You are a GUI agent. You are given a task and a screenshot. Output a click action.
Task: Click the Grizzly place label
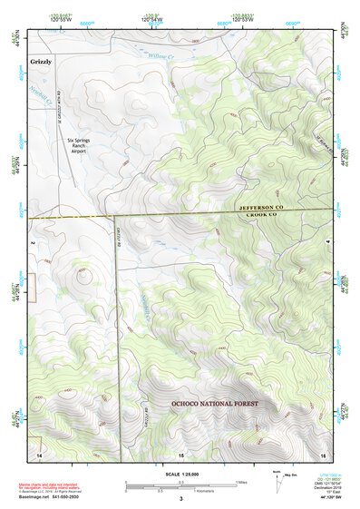pyautogui.click(x=41, y=61)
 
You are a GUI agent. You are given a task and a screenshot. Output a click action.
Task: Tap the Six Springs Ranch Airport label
pyautogui.click(x=84, y=145)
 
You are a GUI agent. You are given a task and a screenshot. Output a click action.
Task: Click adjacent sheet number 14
pyautogui.click(x=39, y=452)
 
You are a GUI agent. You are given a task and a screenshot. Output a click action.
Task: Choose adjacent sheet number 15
pyautogui.click(x=180, y=452)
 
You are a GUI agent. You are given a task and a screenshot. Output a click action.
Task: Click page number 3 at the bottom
pyautogui.click(x=180, y=498)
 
